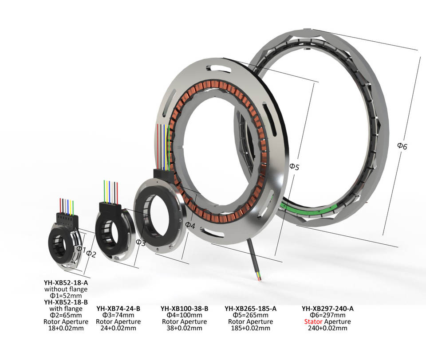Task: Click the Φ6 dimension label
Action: [x=402, y=145]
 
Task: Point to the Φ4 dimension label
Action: [x=190, y=225]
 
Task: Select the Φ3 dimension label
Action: [x=140, y=243]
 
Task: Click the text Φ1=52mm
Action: [x=66, y=296]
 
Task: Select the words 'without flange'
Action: [x=66, y=289]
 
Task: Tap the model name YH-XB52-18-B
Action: [x=66, y=302]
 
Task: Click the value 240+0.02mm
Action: [x=327, y=328]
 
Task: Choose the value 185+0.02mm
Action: [x=251, y=328]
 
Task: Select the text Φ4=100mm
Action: [x=184, y=315]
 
